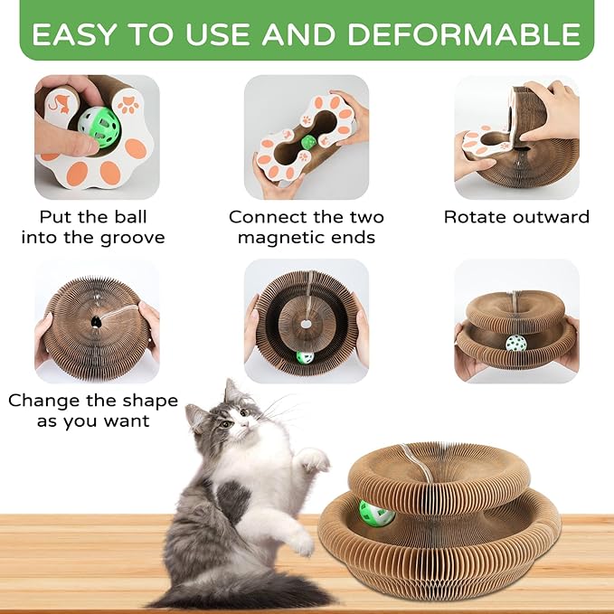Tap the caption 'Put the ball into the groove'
[92, 227]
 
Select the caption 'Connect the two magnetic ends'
[307, 227]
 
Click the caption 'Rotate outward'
[516, 217]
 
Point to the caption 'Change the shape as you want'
[92, 411]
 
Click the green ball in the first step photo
[99, 123]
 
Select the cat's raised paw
[313, 460]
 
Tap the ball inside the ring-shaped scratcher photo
[306, 357]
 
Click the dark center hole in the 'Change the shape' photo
[94, 322]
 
